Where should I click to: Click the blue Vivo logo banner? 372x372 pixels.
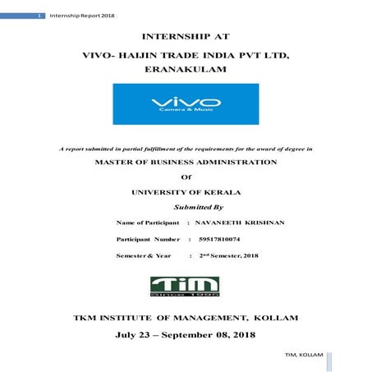click(x=186, y=103)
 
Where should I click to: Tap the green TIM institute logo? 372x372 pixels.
click(x=186, y=285)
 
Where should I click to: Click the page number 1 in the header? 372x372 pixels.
click(x=17, y=16)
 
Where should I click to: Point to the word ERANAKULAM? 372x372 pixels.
click(x=186, y=71)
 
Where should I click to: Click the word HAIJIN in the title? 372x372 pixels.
click(x=147, y=55)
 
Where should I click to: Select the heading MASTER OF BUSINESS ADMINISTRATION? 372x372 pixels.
click(x=186, y=162)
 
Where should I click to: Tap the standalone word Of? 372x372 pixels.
click(x=185, y=177)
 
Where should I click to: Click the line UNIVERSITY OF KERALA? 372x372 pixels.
click(x=186, y=191)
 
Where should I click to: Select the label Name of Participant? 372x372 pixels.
click(x=148, y=223)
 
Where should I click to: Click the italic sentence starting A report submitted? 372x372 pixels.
click(x=186, y=147)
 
